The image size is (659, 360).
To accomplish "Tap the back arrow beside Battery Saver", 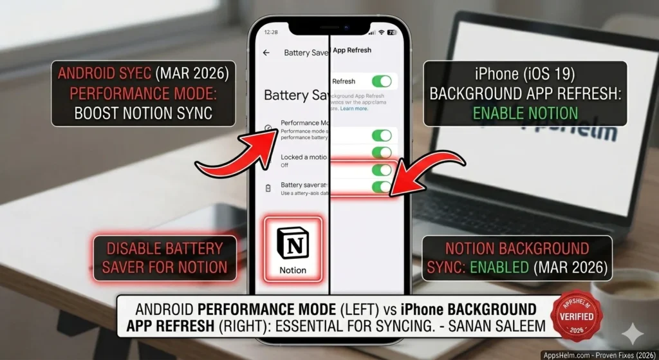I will pyautogui.click(x=266, y=53).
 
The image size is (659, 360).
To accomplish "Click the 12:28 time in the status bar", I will pyautogui.click(x=271, y=32).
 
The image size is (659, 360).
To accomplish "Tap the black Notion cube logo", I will pyautogui.click(x=293, y=243).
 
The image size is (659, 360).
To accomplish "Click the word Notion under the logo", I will pyautogui.click(x=293, y=270).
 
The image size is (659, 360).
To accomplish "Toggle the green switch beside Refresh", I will pyautogui.click(x=381, y=81).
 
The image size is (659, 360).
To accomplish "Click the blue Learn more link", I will pyautogui.click(x=354, y=109).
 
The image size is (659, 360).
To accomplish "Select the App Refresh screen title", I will pyautogui.click(x=352, y=50).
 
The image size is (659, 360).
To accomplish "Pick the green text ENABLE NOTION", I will pyautogui.click(x=525, y=113).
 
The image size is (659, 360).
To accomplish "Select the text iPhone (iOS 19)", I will pyautogui.click(x=525, y=73).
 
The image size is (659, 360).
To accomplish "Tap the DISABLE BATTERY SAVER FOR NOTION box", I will pyautogui.click(x=165, y=258).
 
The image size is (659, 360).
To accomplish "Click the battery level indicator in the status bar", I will pyautogui.click(x=391, y=32).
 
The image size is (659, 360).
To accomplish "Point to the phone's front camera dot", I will pyautogui.click(x=346, y=28).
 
